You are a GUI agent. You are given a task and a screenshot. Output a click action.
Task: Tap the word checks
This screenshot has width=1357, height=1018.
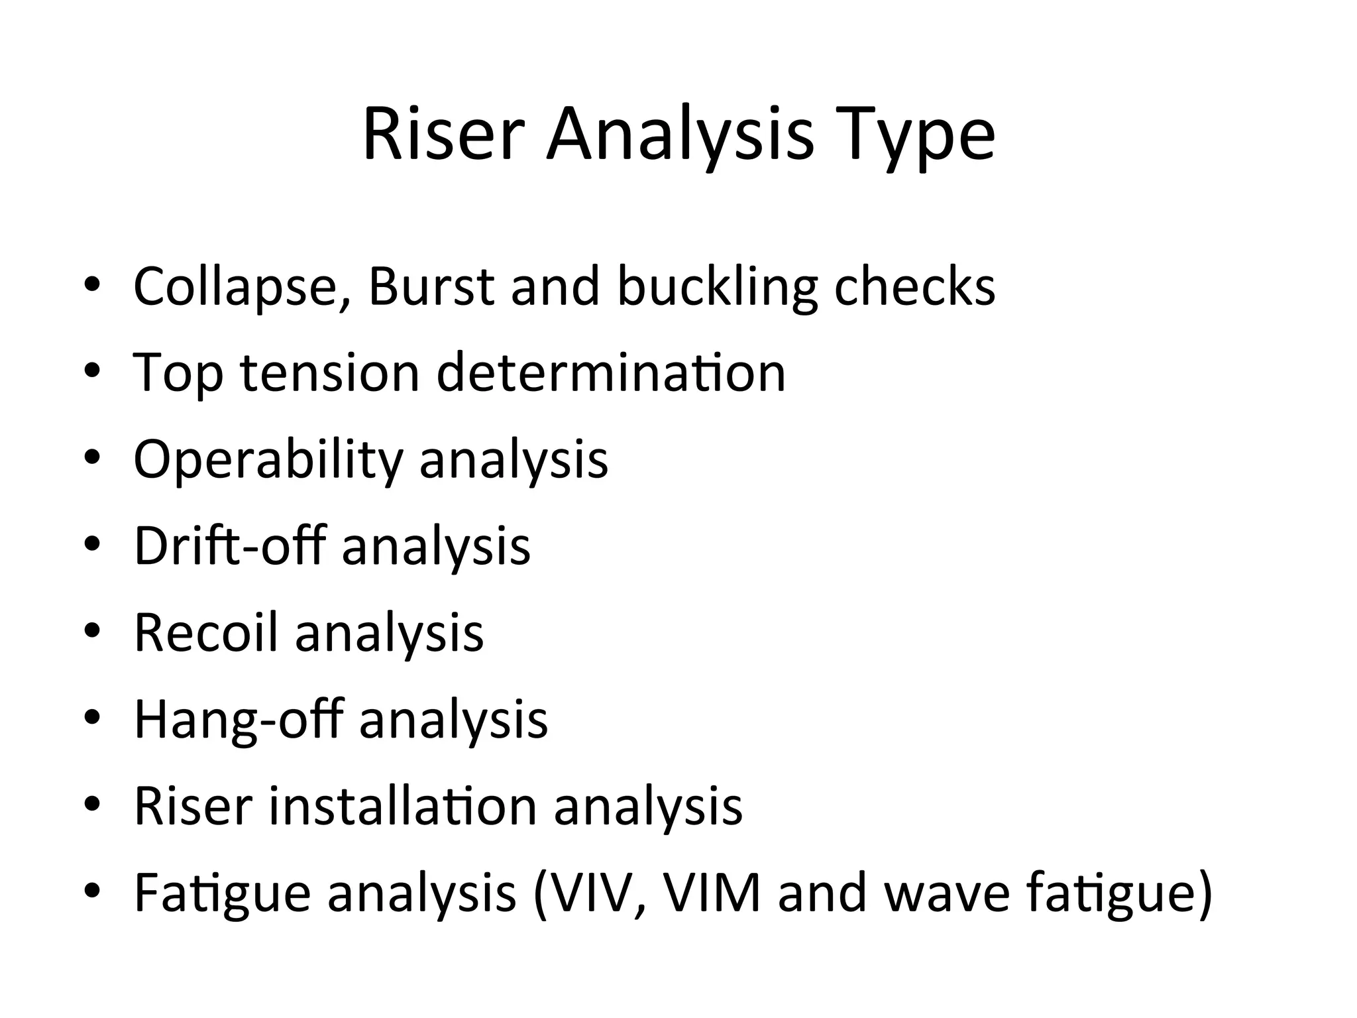(x=914, y=286)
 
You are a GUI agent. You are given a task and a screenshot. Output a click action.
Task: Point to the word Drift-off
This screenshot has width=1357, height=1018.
(x=230, y=545)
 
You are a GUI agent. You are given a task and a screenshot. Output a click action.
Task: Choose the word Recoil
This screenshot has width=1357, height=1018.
(x=205, y=632)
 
